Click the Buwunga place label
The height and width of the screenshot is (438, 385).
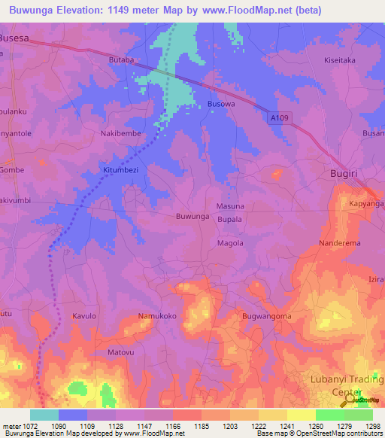(x=192, y=217)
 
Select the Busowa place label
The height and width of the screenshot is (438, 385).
(x=221, y=105)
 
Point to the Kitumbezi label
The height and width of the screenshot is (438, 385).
(x=120, y=171)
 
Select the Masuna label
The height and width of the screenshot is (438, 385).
(x=230, y=206)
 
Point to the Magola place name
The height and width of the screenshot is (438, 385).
(x=230, y=243)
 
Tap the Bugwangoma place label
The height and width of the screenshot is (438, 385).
(x=266, y=316)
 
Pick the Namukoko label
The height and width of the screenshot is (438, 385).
(x=157, y=316)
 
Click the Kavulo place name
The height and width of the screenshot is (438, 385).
(x=84, y=316)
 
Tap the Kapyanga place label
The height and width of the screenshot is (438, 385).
(x=366, y=204)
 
